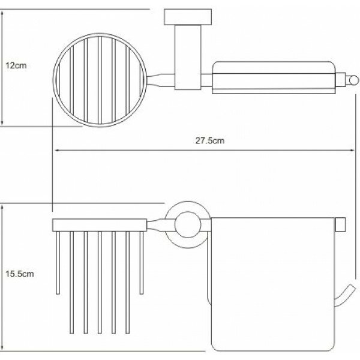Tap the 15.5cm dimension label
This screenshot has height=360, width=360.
tap(20, 274)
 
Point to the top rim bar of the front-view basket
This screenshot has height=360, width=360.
tap(100, 225)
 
